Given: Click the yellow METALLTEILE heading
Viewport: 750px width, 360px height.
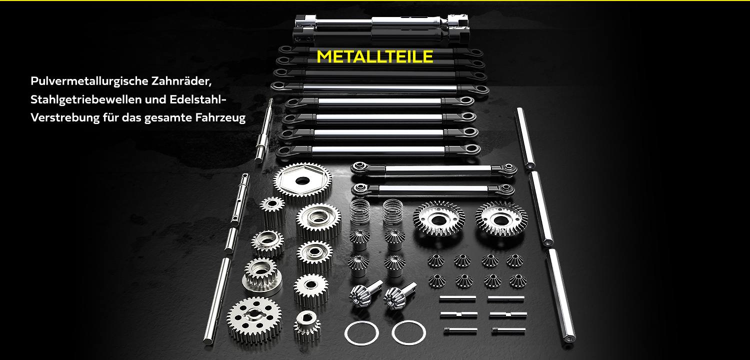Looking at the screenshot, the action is click(x=374, y=56).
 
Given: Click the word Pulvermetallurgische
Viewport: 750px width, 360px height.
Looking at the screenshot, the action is click(x=89, y=81).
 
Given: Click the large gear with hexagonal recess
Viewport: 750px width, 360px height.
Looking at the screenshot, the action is click(x=302, y=181).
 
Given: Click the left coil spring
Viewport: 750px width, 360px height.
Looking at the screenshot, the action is click(x=360, y=211).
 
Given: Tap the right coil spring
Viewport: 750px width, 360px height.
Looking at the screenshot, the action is click(x=393, y=211).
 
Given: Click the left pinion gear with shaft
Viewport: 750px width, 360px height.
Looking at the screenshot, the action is click(x=365, y=293).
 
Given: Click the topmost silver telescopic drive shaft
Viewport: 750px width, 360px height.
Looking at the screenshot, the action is click(x=381, y=22).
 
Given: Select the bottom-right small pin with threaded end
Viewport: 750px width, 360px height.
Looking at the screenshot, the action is click(x=508, y=331).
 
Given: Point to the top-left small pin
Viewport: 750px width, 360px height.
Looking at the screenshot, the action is click(x=457, y=298).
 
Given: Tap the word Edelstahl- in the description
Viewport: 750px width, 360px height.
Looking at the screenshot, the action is click(x=198, y=99).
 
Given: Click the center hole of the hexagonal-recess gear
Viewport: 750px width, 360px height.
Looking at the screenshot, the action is click(x=302, y=181).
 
